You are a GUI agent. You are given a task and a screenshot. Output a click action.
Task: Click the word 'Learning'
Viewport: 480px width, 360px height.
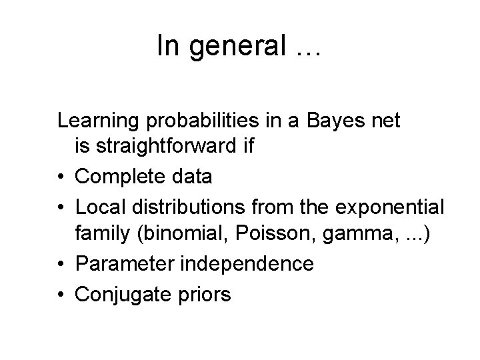(x=99, y=121)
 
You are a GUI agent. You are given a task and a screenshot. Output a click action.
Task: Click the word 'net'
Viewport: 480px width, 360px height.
(x=383, y=121)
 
